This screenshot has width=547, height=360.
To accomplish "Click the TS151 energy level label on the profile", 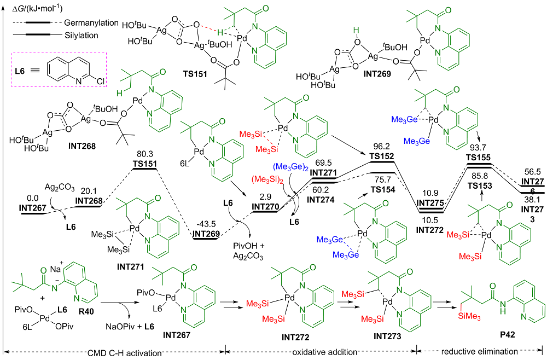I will click(x=144, y=163).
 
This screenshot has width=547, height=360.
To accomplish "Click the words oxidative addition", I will click(x=321, y=351).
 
